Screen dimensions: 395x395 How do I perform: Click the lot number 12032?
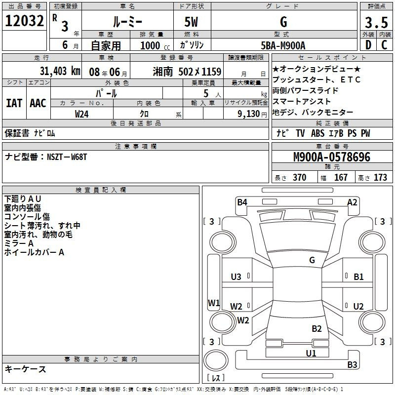click(x=24, y=21)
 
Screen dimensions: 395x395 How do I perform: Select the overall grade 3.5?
click(x=376, y=22)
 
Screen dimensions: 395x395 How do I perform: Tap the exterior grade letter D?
click(x=368, y=45)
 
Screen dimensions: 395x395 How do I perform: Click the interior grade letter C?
click(x=384, y=45)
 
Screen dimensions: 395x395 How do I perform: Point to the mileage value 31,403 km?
click(x=60, y=71)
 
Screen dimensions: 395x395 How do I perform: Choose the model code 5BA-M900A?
click(x=283, y=45)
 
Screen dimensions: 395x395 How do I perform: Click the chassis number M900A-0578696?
click(x=332, y=157)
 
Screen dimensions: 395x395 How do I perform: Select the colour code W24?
click(x=81, y=114)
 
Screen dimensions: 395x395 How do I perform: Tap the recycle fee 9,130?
click(x=249, y=114)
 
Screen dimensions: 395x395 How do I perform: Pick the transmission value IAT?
click(x=14, y=103)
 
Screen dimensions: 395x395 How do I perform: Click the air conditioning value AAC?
click(x=38, y=103)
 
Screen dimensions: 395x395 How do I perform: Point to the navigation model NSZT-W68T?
click(x=67, y=157)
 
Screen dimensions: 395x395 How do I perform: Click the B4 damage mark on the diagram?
click(x=242, y=202)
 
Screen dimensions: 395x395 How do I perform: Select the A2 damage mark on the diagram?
click(x=352, y=202)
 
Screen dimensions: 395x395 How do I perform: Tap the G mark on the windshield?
click(x=312, y=260)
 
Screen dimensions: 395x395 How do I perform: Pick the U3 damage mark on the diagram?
click(x=236, y=276)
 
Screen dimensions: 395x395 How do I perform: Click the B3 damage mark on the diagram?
click(x=352, y=364)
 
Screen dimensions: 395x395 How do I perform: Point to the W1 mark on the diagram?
click(x=214, y=303)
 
